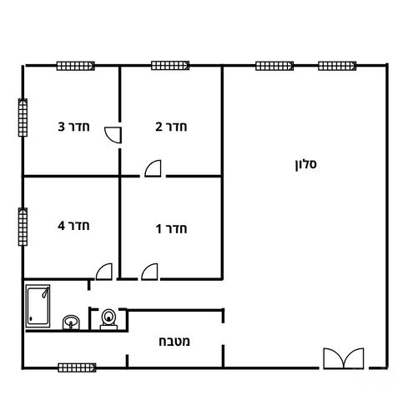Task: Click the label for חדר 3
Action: pos(73,127)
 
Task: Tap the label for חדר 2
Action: pos(171,127)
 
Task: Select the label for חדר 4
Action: pos(73,226)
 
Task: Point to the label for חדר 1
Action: pos(171,229)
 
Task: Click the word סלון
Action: pos(305,164)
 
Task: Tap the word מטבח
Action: pos(174,341)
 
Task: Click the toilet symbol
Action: pos(108,319)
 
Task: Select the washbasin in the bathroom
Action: pos(71,322)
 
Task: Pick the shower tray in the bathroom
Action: pos(38,306)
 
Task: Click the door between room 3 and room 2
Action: pos(113,135)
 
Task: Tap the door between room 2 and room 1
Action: pos(154,168)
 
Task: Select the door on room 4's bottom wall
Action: pos(104,272)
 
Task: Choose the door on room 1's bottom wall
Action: pos(149,272)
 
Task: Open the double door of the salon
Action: pos(344,358)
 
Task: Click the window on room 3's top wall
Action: pos(76,66)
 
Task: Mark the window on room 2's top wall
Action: pos(170,66)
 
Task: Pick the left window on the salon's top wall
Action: pos(274,66)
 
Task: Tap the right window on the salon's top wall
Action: pos(337,66)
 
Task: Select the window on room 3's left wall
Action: pos(23,117)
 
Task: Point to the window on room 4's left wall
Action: pos(23,227)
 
